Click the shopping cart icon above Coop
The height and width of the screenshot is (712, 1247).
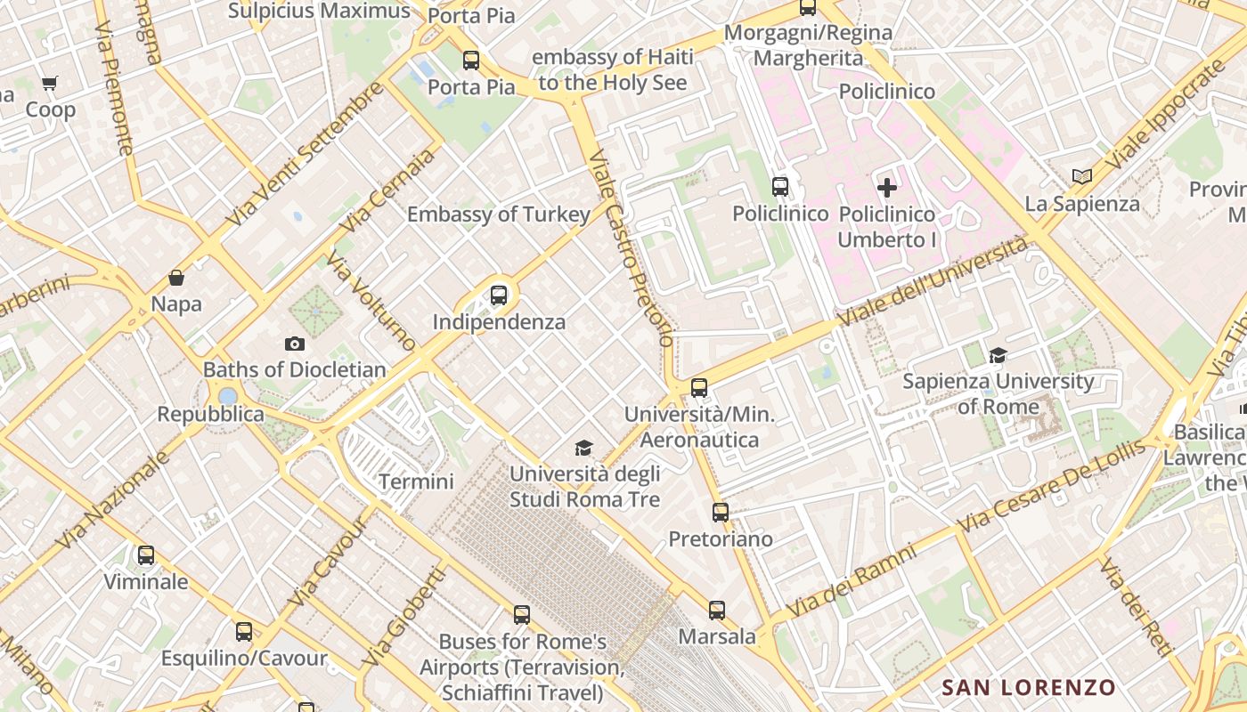[49, 84]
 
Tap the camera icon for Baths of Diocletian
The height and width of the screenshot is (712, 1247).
[295, 344]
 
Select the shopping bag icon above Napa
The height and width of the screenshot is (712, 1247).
[176, 279]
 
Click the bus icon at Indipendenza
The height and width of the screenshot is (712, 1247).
[499, 295]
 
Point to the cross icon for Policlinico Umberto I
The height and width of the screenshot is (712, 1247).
[887, 188]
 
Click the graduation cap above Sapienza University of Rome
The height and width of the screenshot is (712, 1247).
[998, 356]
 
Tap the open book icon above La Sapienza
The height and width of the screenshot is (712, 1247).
[1082, 177]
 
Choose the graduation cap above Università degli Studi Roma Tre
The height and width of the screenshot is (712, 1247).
[583, 448]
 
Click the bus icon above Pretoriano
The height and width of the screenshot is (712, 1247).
[721, 513]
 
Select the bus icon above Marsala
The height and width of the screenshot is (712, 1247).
[717, 611]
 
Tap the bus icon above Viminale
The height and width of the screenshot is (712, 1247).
[146, 555]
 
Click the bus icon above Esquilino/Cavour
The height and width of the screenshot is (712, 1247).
[244, 632]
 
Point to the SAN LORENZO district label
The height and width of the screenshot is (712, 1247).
[1029, 687]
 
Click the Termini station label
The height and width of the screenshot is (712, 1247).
[416, 481]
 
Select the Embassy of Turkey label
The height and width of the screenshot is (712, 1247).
[499, 214]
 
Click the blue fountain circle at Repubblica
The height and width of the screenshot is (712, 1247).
[228, 395]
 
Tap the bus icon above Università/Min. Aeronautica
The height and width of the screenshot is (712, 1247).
[699, 388]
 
